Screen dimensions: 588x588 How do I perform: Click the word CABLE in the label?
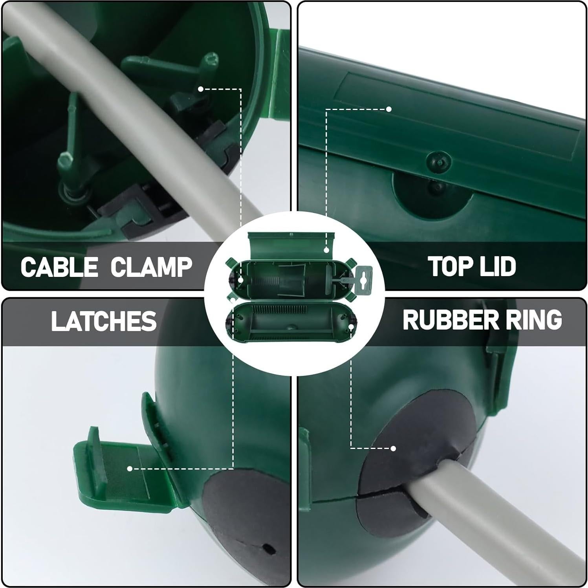(x=59, y=267)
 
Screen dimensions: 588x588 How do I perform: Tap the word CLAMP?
(x=151, y=267)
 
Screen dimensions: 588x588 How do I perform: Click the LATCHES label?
(x=104, y=321)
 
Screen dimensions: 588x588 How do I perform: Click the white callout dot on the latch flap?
(x=129, y=469)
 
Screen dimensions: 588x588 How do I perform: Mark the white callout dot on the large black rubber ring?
(x=393, y=448)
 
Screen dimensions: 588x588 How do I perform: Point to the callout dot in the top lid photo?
(x=388, y=109)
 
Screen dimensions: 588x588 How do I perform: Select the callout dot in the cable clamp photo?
(x=200, y=89)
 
